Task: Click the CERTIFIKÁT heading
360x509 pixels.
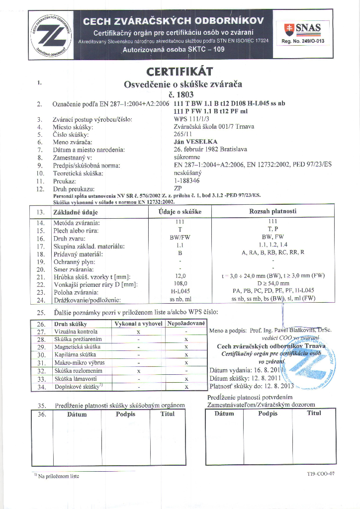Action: pyautogui.click(x=180, y=72)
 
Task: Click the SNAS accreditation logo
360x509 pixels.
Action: pyautogui.click(x=302, y=29)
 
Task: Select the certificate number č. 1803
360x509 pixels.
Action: pyautogui.click(x=180, y=94)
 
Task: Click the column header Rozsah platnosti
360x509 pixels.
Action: pyautogui.click(x=272, y=211)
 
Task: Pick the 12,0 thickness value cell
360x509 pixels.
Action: pyautogui.click(x=180, y=276)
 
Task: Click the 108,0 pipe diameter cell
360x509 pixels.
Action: pyautogui.click(x=180, y=283)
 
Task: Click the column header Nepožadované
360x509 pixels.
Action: pyautogui.click(x=186, y=323)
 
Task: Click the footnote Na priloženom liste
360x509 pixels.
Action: pyautogui.click(x=59, y=476)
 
